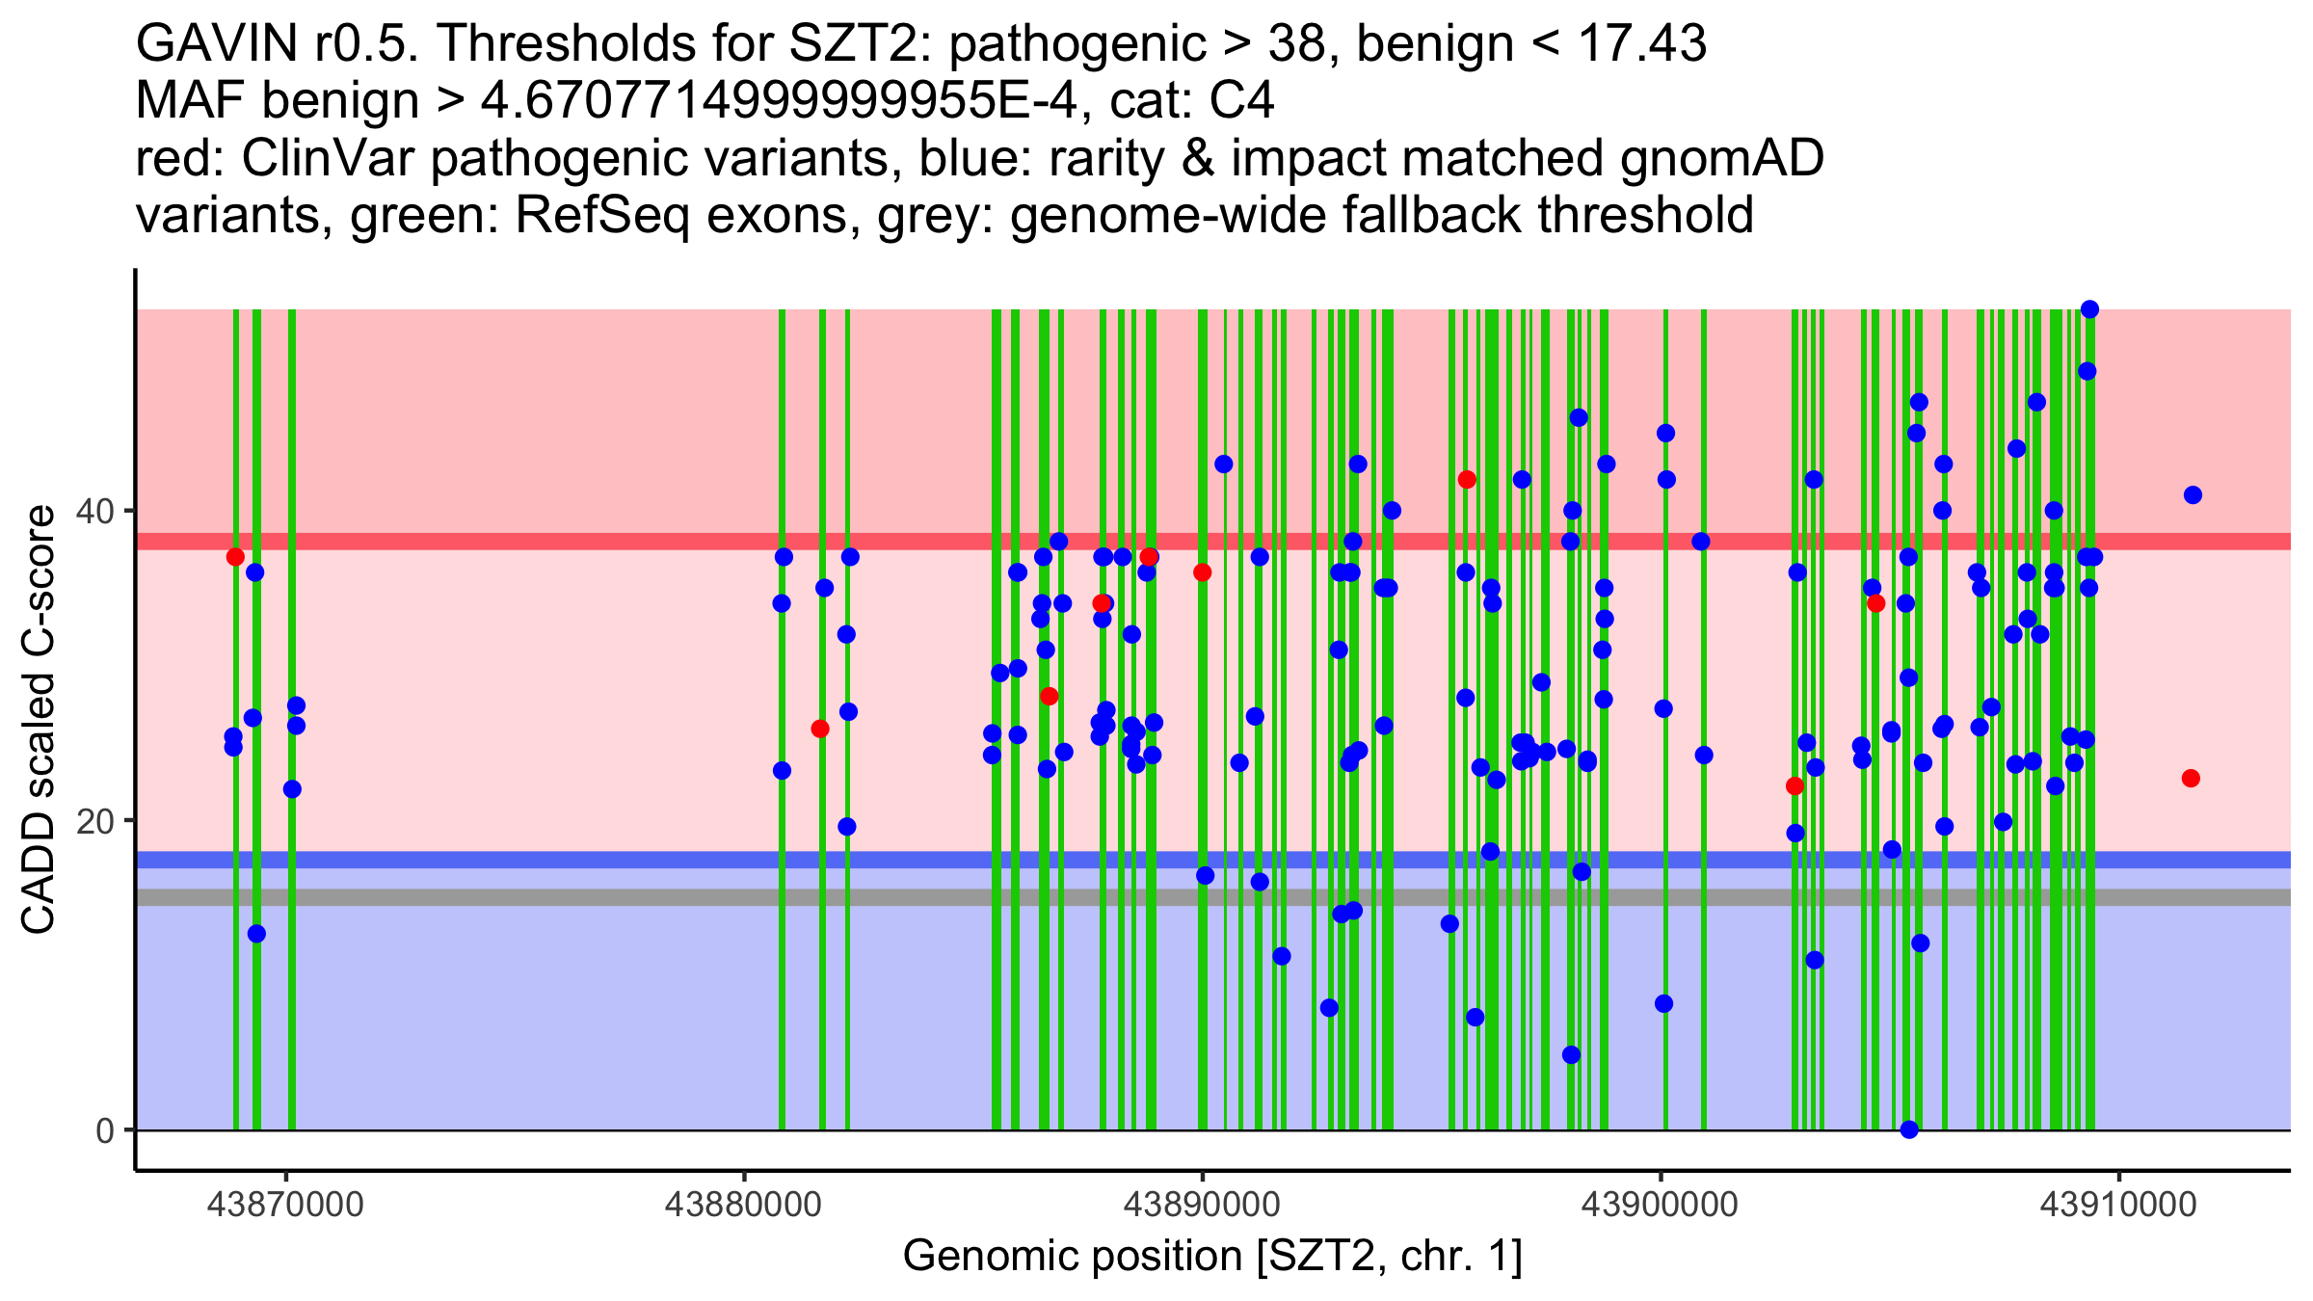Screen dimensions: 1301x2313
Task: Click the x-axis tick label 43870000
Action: pyautogui.click(x=285, y=1205)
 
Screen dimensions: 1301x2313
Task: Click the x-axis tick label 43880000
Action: pyautogui.click(x=743, y=1205)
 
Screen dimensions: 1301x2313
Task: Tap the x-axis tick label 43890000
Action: pyautogui.click(x=1202, y=1205)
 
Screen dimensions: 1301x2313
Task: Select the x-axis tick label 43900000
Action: pyautogui.click(x=1661, y=1205)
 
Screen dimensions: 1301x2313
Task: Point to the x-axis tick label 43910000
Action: pyautogui.click(x=2118, y=1205)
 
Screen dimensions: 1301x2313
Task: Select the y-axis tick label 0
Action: pyautogui.click(x=105, y=1130)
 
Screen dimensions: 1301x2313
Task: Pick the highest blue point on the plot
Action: pyautogui.click(x=2089, y=309)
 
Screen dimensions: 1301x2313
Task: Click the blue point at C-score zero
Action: pyautogui.click(x=1909, y=1129)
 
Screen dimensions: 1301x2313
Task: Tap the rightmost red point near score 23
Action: pyautogui.click(x=2191, y=779)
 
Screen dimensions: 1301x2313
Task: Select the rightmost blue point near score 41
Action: pyautogui.click(x=2193, y=495)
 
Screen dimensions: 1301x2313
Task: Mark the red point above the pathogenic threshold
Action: pyautogui.click(x=1467, y=480)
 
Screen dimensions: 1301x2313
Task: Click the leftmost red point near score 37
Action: pyautogui.click(x=235, y=557)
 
